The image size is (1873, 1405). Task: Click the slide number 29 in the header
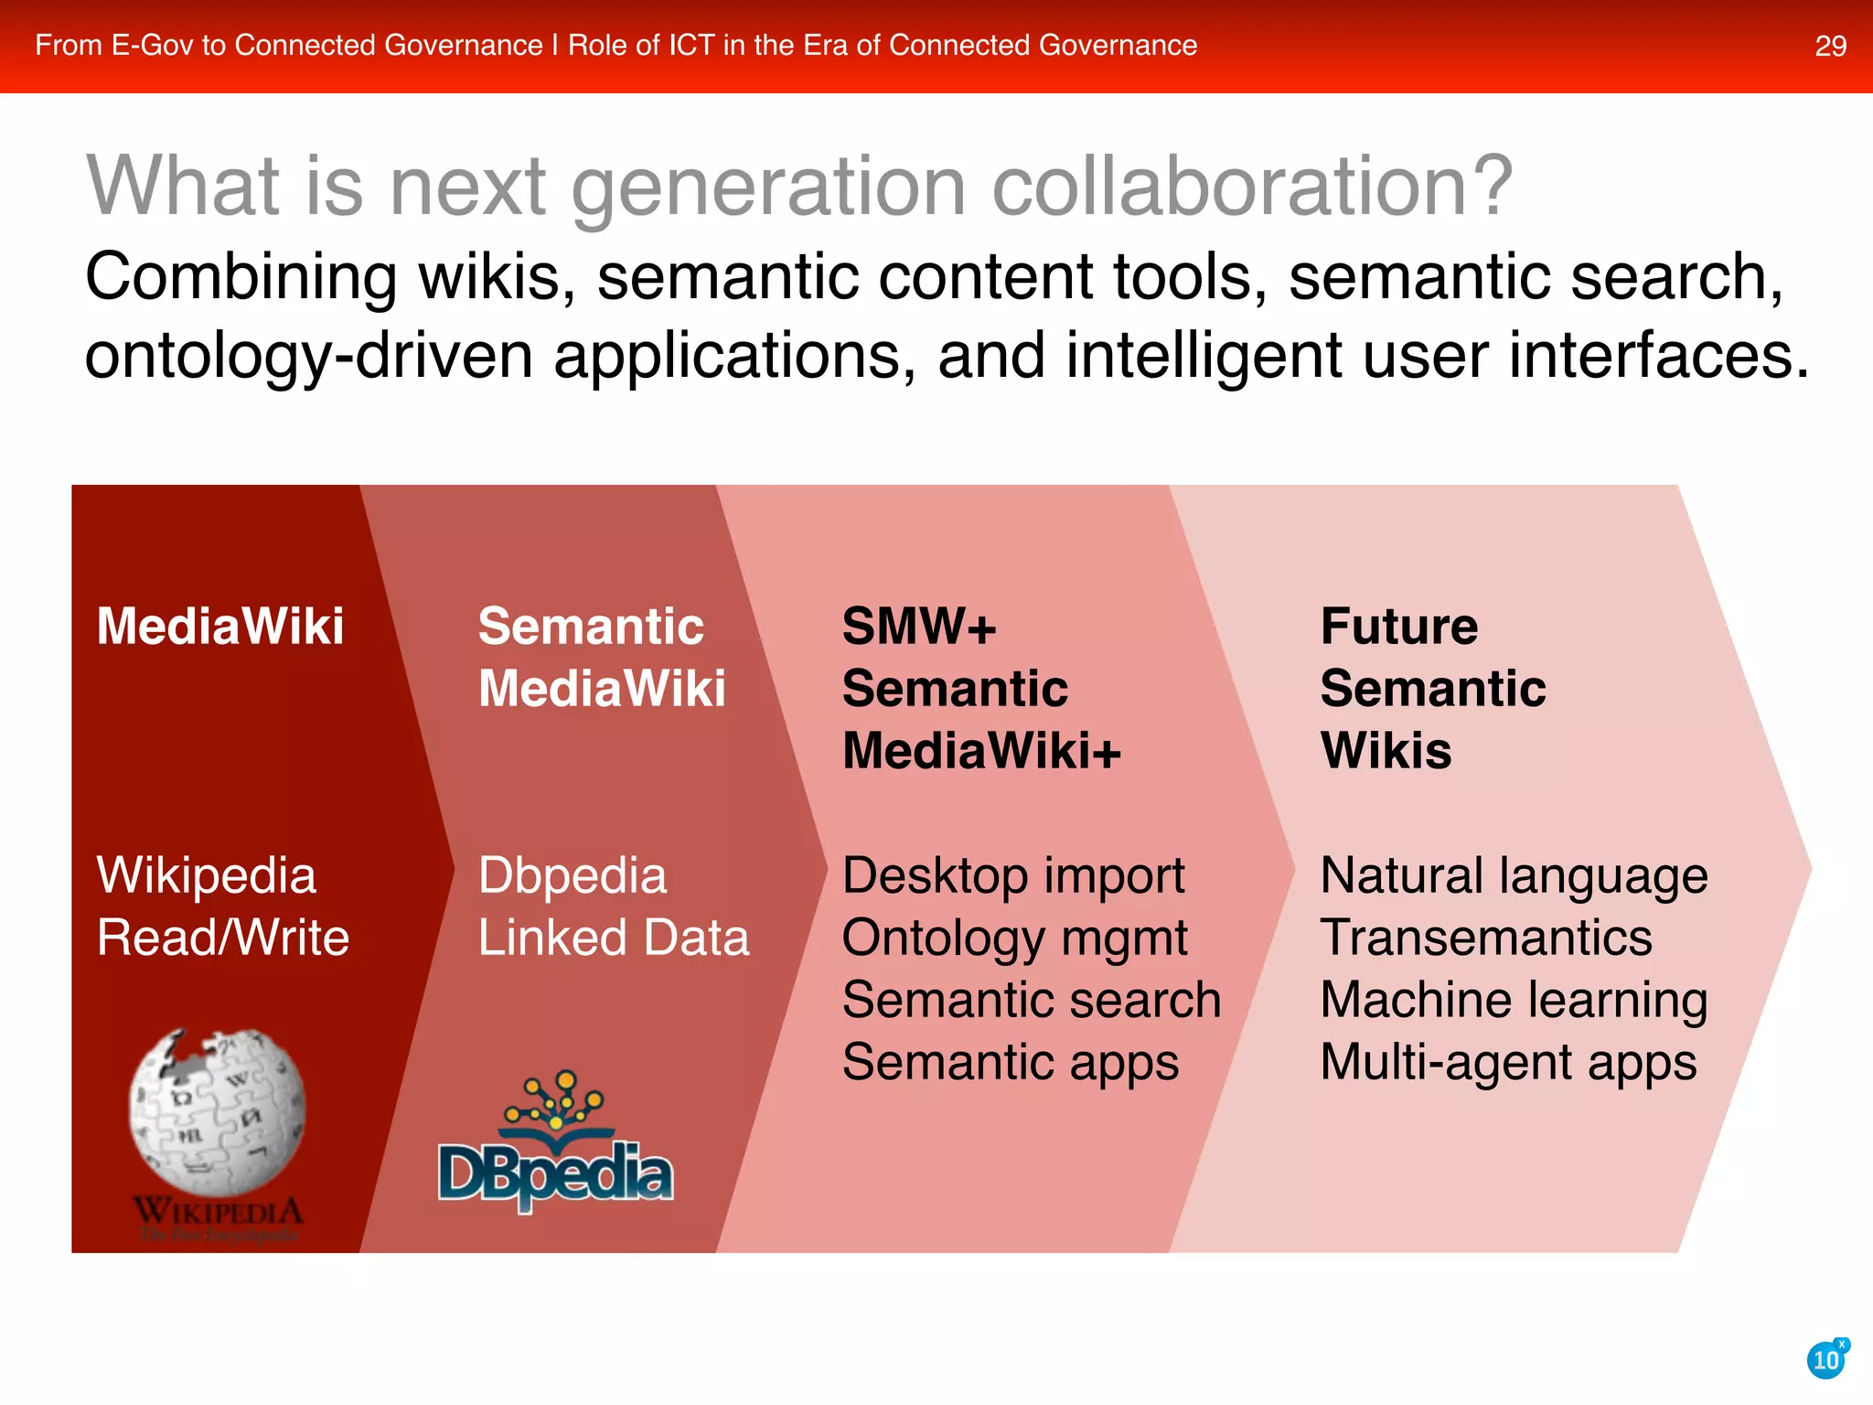click(1830, 46)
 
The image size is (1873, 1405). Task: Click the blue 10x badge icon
click(1827, 1359)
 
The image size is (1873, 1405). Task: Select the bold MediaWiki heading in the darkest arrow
click(220, 627)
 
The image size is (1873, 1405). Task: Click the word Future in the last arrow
click(1398, 627)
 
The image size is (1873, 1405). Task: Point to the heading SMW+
click(918, 627)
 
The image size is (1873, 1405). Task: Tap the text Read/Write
click(223, 938)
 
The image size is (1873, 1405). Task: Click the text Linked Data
click(613, 938)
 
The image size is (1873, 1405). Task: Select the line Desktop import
click(1012, 875)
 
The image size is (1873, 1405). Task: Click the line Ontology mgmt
click(1014, 939)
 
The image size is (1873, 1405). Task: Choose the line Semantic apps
click(1010, 1063)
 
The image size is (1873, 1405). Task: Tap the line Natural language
click(1514, 876)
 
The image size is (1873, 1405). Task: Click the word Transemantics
click(1486, 938)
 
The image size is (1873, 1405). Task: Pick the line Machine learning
click(1514, 1001)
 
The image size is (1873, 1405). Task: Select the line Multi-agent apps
click(1508, 1063)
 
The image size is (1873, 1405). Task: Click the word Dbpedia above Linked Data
click(572, 875)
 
